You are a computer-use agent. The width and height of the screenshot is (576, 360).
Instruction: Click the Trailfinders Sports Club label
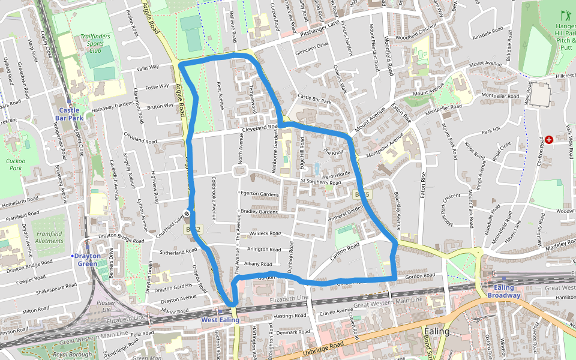pos(95,43)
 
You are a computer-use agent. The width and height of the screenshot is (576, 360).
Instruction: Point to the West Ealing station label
pos(220,320)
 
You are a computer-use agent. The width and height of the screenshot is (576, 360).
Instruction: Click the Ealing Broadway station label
pos(503,291)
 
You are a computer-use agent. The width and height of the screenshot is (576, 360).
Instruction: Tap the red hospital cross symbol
pos(549,139)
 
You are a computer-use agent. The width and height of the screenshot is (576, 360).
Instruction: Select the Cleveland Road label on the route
pos(258,130)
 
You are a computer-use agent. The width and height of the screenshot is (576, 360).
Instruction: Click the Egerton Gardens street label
pos(260,194)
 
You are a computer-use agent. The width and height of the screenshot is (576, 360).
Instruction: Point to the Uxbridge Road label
pos(325,346)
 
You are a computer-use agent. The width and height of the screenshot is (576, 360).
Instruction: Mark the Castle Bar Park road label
pos(314,99)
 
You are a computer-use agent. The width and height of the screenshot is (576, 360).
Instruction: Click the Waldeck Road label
pos(265,234)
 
